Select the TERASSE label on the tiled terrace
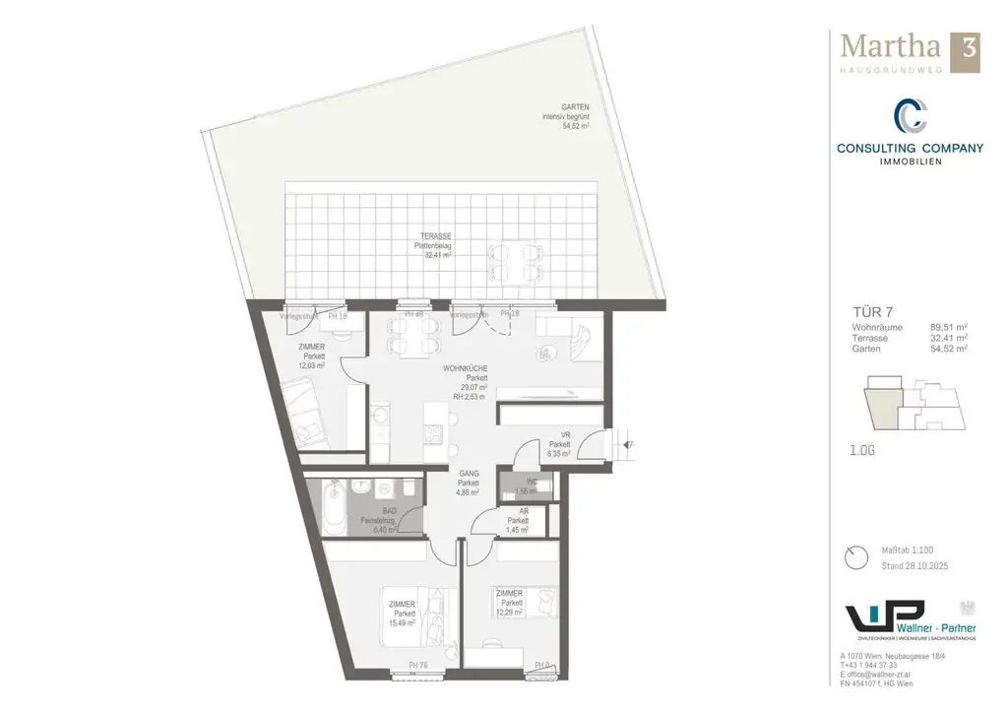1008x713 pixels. pos(436,236)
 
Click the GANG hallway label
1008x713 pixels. pos(469,474)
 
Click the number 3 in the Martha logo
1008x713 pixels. pos(968,50)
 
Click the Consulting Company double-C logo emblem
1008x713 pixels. pos(910,117)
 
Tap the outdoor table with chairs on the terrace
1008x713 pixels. pos(515,257)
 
